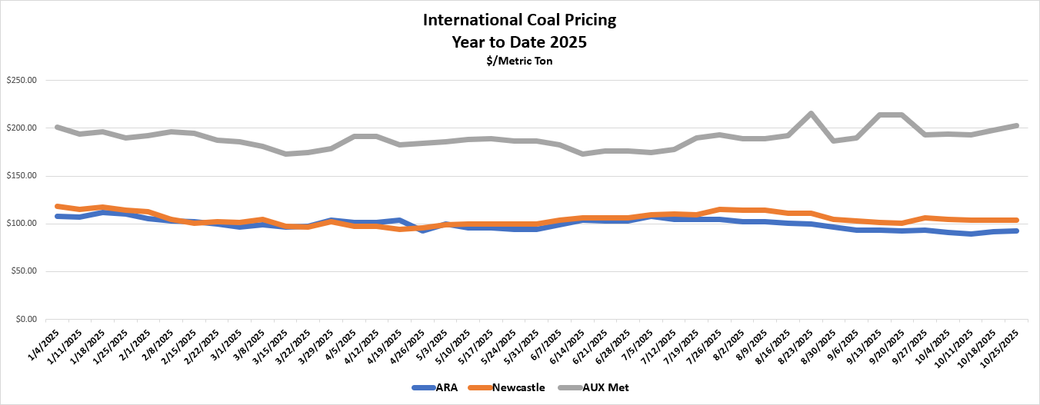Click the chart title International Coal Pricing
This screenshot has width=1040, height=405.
519,19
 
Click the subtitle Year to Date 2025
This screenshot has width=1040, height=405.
519,42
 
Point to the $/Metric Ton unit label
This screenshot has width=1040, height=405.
519,61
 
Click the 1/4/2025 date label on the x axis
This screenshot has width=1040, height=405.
54,342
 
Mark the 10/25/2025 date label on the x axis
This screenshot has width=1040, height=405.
1003,344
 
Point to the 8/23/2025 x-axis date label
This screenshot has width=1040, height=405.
798,344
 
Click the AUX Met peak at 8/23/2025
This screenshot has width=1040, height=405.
812,114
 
